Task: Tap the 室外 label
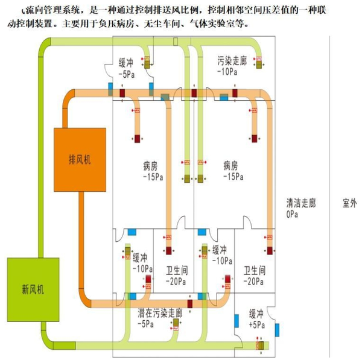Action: pos(349,203)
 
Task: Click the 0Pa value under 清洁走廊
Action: pos(294,215)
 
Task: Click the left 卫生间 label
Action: pos(176,270)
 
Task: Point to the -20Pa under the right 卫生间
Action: pos(253,281)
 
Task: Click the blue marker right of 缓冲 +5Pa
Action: pos(278,329)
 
